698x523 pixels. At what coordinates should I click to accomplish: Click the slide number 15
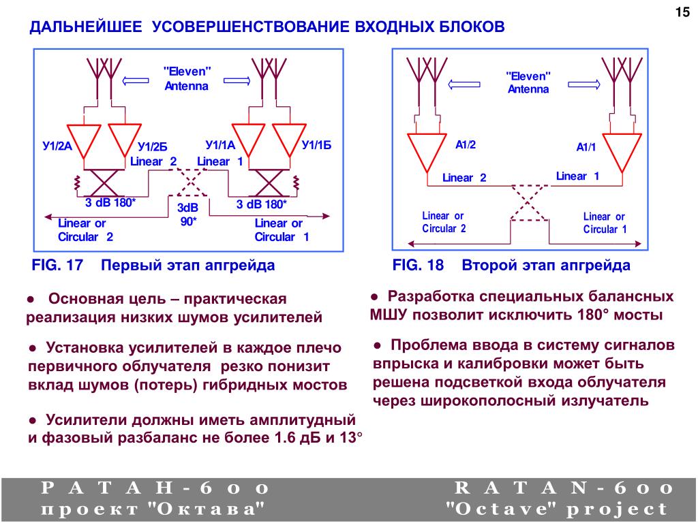click(x=682, y=12)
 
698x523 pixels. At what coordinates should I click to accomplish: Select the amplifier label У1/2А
click(x=57, y=145)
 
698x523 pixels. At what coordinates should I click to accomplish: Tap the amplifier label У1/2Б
click(x=152, y=146)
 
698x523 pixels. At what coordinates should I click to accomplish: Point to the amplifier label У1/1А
click(x=219, y=144)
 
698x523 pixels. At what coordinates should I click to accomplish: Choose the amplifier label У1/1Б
click(x=316, y=144)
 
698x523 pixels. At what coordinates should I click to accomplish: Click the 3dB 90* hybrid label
click(x=187, y=214)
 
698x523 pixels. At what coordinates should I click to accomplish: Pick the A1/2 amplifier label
click(x=466, y=144)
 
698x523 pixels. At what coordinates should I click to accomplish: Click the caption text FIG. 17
click(x=57, y=265)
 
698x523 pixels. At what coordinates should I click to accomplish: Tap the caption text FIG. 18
click(x=417, y=265)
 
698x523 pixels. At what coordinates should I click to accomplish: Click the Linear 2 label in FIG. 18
click(x=464, y=178)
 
